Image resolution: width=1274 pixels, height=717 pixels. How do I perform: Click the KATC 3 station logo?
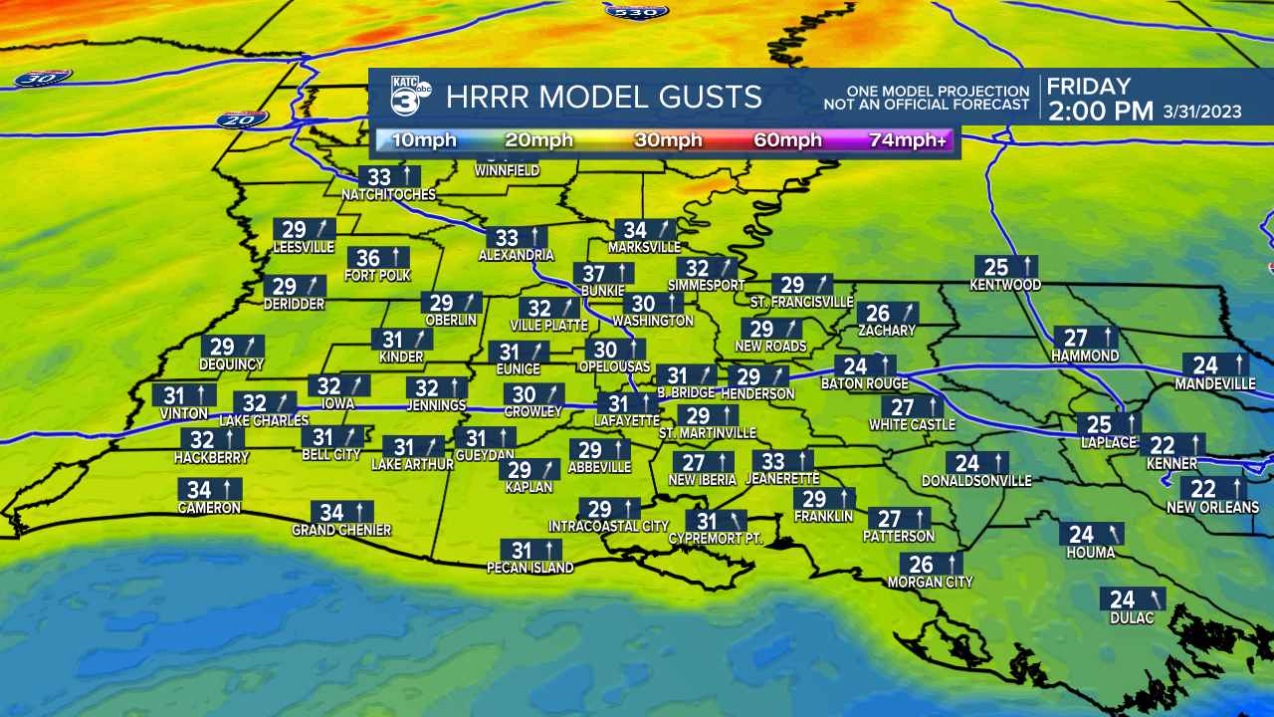[409, 97]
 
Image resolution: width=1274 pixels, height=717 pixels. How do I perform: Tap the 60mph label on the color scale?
[787, 140]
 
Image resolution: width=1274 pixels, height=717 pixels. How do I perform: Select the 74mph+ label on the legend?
[908, 140]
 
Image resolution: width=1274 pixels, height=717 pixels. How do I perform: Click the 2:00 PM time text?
[1100, 112]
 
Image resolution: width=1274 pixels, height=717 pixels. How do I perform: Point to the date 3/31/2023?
[1202, 112]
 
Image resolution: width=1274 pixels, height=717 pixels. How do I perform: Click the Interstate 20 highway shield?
[242, 119]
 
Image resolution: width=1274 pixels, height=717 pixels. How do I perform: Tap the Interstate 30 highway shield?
[43, 78]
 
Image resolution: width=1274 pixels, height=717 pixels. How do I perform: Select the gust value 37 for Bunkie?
[594, 274]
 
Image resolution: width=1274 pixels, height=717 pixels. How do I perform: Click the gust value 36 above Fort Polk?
[368, 258]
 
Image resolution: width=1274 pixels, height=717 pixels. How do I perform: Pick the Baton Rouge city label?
[864, 383]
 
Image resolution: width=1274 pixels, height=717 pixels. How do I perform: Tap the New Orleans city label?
[1212, 508]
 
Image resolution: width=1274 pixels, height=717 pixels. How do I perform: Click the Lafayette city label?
[628, 421]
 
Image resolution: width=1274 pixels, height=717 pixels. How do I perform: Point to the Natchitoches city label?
[388, 194]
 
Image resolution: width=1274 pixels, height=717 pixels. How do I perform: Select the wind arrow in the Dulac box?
[1153, 598]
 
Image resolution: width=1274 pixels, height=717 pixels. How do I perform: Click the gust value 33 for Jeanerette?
[773, 461]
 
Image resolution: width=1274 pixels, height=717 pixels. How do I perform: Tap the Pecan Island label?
[530, 568]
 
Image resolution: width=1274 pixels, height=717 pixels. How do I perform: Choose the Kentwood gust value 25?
[996, 267]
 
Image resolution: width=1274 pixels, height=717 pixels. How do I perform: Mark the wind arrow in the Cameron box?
[228, 489]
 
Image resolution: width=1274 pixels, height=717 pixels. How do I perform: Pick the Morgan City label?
[930, 582]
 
